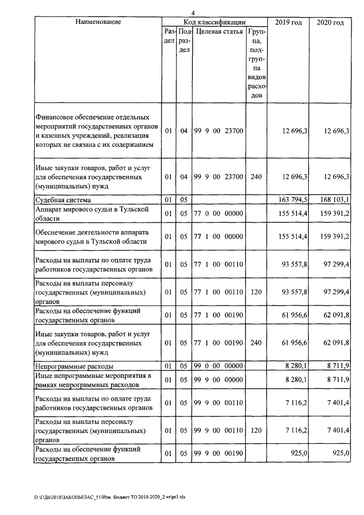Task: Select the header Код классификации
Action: [x=214, y=22]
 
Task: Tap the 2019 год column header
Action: [x=289, y=22]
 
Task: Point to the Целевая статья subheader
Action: [x=219, y=32]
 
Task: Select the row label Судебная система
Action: [x=63, y=200]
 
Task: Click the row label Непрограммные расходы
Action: [x=74, y=366]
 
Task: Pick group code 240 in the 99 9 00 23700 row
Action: [x=256, y=177]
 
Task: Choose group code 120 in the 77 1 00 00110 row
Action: [x=256, y=292]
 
